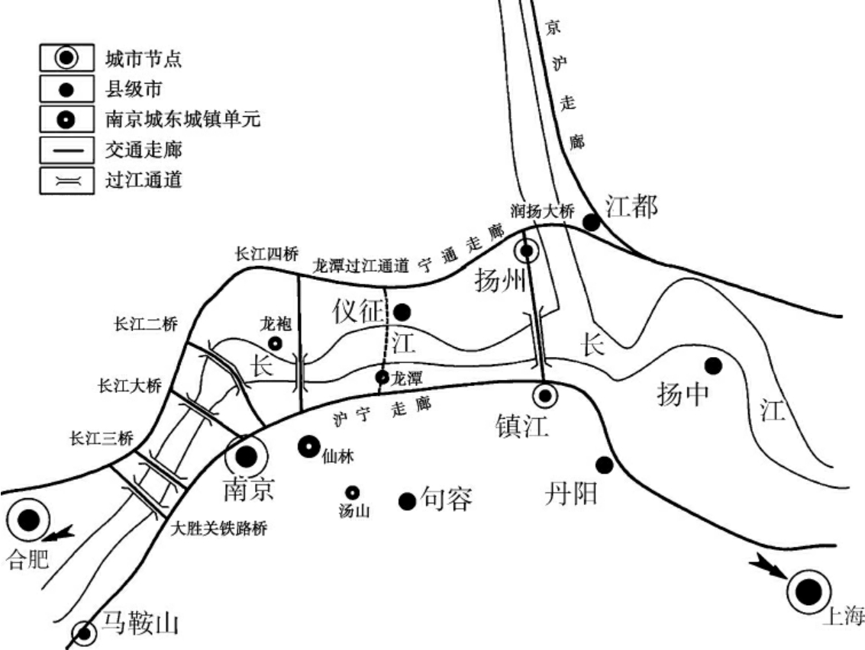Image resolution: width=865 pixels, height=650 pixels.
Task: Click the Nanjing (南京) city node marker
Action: pos(246,457)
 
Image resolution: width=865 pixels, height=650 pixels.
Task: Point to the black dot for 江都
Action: pos(592,221)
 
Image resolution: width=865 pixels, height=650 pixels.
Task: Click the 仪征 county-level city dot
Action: pos(402,311)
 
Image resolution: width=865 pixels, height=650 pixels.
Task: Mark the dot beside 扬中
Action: pos(713,366)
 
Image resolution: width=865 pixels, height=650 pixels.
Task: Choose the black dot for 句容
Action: pos(408,500)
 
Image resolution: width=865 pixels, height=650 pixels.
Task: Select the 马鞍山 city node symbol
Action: pos(83,632)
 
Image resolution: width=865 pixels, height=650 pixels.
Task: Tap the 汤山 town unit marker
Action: pos(353,493)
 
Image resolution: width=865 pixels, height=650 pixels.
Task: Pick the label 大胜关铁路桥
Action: pos(218,529)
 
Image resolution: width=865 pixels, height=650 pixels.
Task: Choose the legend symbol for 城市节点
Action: pos(67,57)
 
